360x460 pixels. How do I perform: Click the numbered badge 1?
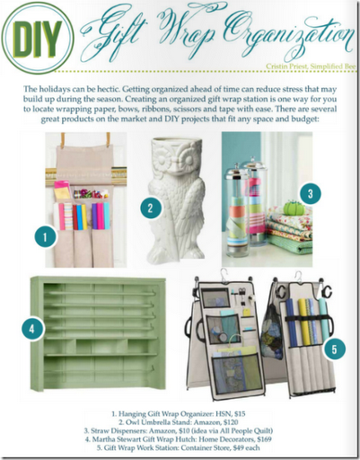point(40,236)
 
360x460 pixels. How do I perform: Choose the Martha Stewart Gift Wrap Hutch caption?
point(180,436)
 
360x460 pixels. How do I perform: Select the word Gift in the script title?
point(111,37)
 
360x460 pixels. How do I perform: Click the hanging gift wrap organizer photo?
point(85,201)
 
